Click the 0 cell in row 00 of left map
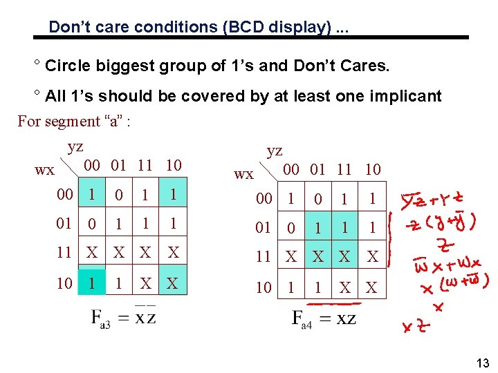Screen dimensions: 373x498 click(119, 196)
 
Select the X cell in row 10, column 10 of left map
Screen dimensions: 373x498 click(172, 283)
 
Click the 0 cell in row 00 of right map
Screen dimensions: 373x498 click(318, 200)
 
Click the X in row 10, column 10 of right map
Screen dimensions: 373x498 click(371, 287)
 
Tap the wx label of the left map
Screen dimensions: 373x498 click(44, 169)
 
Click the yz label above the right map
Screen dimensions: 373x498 click(275, 151)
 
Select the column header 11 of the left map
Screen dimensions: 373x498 click(145, 165)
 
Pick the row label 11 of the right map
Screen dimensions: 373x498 click(264, 257)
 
